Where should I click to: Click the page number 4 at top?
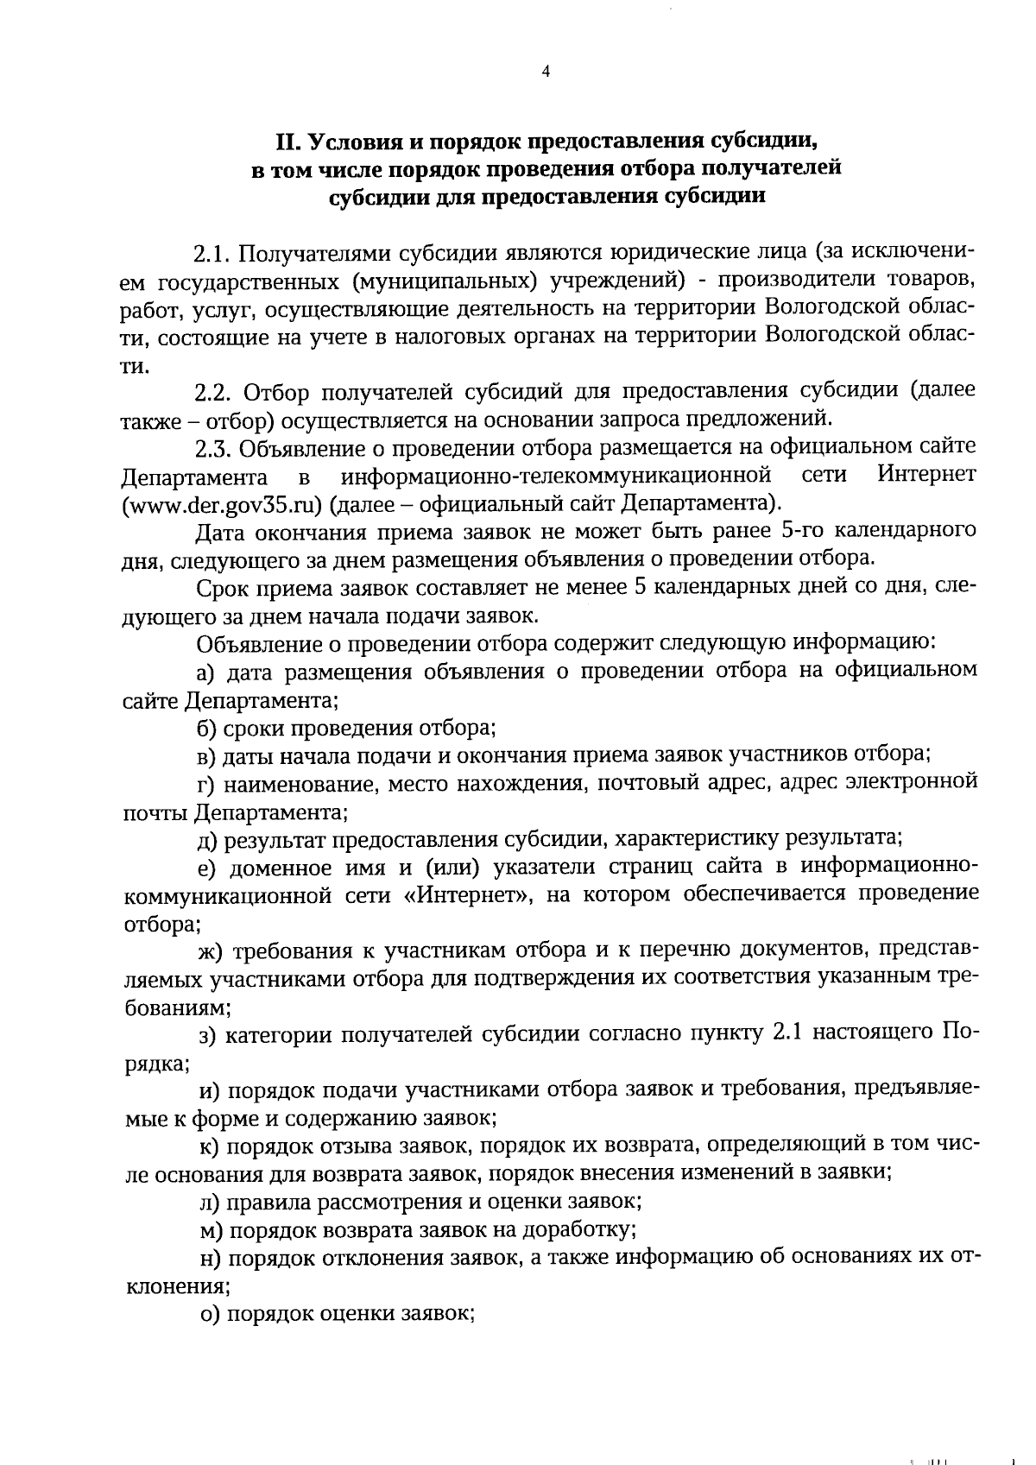pyautogui.click(x=545, y=73)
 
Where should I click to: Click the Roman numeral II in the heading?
pyautogui.click(x=286, y=141)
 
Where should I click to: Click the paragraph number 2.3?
pyautogui.click(x=213, y=448)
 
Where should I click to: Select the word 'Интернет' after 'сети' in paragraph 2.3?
pyautogui.click(x=926, y=475)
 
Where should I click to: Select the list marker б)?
pyautogui.click(x=206, y=728)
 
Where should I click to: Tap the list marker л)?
pyautogui.click(x=208, y=1201)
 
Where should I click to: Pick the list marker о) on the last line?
pyautogui.click(x=207, y=1313)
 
